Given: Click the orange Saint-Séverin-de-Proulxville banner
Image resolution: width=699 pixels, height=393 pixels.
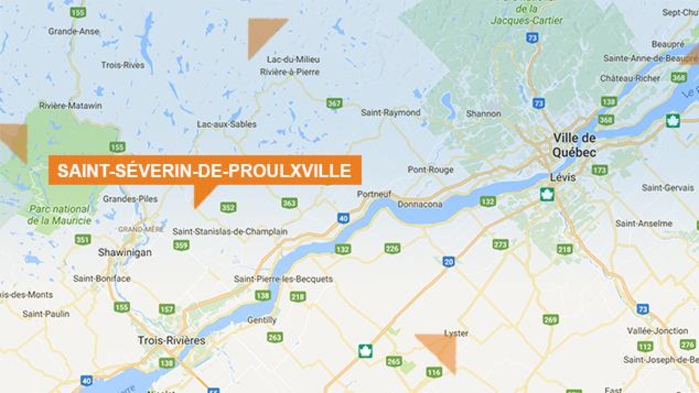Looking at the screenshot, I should (205, 171).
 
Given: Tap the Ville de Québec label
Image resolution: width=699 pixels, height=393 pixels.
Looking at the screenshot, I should (574, 145).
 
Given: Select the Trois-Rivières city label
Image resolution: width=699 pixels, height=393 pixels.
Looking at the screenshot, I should (172, 340).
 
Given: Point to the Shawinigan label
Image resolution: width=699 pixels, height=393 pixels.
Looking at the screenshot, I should (125, 252).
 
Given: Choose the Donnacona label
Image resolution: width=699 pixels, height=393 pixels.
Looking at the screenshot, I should (419, 205).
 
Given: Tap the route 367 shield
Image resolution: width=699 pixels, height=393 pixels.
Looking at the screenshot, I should (334, 103).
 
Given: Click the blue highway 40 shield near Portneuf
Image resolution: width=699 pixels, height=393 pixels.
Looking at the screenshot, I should (343, 218).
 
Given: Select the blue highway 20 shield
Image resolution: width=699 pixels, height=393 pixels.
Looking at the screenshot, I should (448, 262).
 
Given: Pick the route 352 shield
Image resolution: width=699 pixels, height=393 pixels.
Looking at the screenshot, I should (228, 207).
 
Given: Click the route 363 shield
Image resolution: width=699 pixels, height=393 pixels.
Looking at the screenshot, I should (289, 203).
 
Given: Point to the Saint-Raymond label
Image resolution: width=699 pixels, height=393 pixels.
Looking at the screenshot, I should (390, 112).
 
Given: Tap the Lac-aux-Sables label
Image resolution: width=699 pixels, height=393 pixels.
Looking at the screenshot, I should (226, 124).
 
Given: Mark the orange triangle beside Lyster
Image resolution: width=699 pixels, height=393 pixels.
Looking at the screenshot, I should (440, 348).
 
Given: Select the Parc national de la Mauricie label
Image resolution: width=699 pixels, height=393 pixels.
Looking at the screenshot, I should (60, 215).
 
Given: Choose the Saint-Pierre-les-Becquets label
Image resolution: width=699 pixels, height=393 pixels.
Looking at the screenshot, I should (283, 278).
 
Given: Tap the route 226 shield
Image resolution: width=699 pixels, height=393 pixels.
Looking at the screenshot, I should (392, 248).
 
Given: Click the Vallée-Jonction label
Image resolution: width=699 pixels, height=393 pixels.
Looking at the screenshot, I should (657, 330).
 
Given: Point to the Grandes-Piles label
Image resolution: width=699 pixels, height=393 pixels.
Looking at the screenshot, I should (130, 198).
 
